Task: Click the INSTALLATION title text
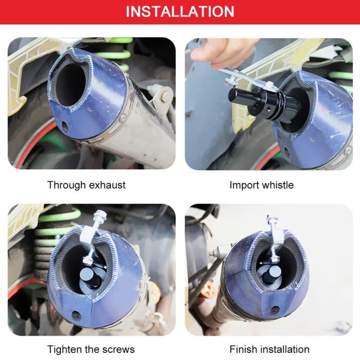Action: point(180,11)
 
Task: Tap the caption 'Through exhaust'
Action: point(86,185)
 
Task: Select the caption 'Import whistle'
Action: point(262,185)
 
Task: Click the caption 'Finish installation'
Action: point(269,350)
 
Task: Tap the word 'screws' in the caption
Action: point(118,350)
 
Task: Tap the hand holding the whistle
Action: point(226,51)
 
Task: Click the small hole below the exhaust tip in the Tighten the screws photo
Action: point(76,315)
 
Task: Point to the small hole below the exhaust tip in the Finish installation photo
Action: point(276,310)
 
